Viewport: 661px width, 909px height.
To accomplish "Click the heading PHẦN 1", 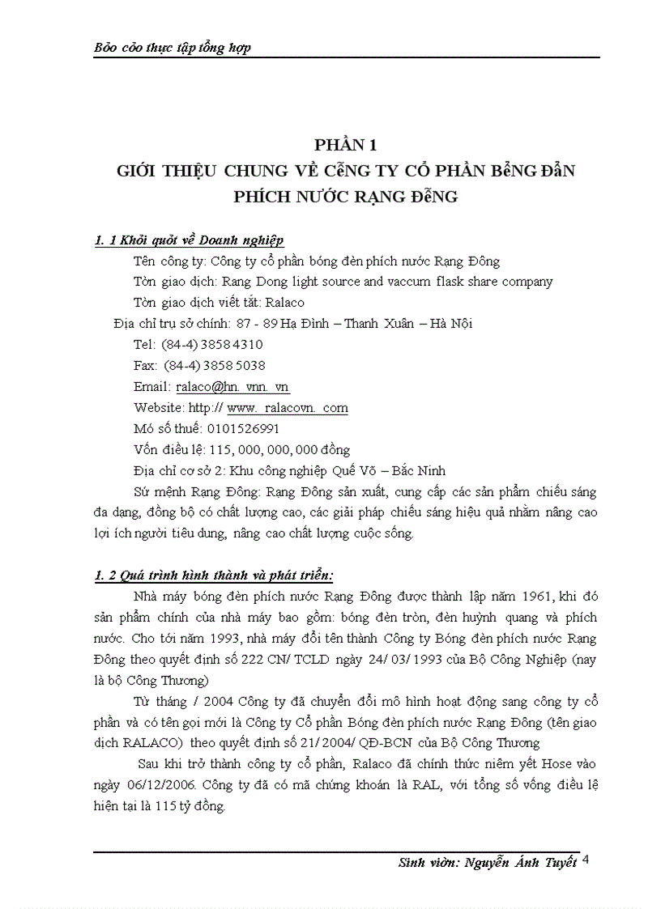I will [346, 146].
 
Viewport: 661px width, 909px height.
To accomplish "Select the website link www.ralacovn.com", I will [288, 407].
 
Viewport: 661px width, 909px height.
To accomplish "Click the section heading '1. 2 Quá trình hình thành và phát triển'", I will [214, 575].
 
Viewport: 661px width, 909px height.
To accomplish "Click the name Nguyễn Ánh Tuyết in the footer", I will [521, 862].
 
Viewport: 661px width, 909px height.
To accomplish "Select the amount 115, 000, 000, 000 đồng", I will [279, 449].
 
